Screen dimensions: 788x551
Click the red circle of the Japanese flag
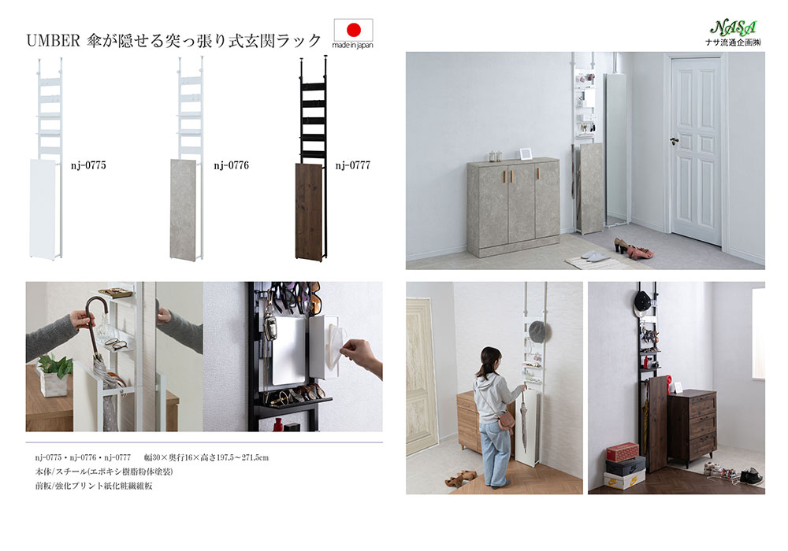click(x=354, y=30)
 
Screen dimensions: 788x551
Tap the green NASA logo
click(x=734, y=28)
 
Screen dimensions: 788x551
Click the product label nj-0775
click(x=88, y=165)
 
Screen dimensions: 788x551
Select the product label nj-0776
click(x=231, y=165)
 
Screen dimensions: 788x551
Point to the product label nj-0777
click(x=353, y=165)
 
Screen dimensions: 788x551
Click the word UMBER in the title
click(x=54, y=41)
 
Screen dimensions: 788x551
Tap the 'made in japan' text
click(x=353, y=45)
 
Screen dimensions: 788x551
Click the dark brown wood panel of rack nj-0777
click(x=309, y=211)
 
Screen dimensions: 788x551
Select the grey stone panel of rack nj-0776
click(x=184, y=209)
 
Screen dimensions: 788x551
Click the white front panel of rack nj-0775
click(x=43, y=209)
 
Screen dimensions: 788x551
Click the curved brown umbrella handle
click(x=96, y=311)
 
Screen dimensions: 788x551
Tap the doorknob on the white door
click(x=675, y=141)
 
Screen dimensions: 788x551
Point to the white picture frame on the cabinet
click(x=526, y=153)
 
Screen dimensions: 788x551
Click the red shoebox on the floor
click(x=623, y=452)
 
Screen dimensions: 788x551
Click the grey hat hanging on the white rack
click(x=537, y=330)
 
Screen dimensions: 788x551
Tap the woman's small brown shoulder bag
click(x=505, y=423)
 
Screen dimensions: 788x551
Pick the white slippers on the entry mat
click(x=594, y=257)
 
